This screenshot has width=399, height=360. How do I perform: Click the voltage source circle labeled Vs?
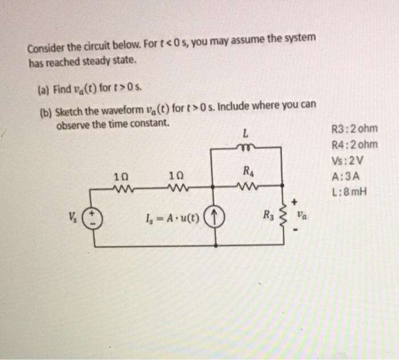(95, 218)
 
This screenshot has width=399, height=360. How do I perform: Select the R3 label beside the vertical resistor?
(267, 215)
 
